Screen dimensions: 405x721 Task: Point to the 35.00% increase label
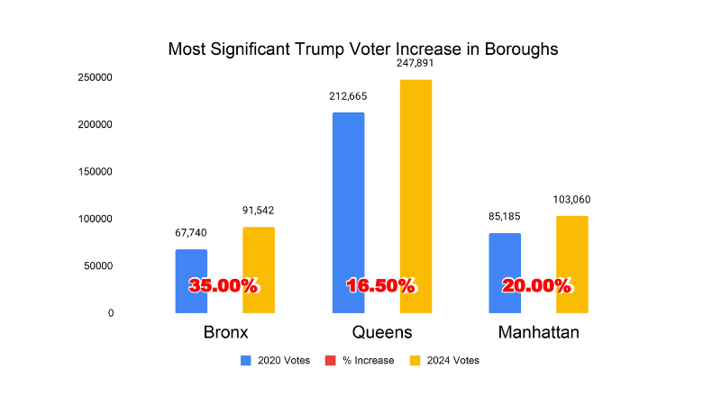pyautogui.click(x=224, y=286)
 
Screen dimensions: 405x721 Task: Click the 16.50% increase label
pyautogui.click(x=381, y=286)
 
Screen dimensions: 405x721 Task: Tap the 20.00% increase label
pyautogui.click(x=537, y=286)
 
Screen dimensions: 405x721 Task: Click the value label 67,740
pyautogui.click(x=191, y=233)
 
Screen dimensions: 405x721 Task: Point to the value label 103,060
pyautogui.click(x=572, y=200)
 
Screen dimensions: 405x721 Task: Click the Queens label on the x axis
pyautogui.click(x=382, y=333)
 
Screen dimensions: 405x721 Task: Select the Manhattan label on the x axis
pyautogui.click(x=538, y=333)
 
